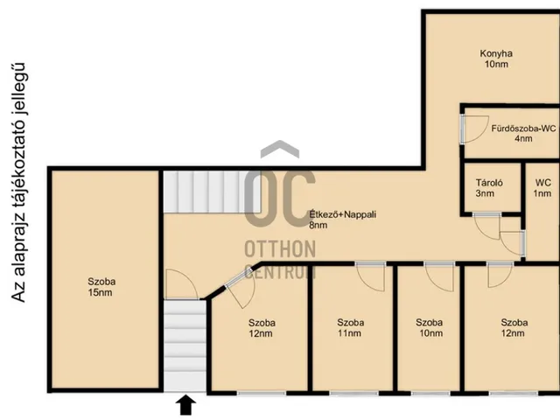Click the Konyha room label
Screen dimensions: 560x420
(x=496, y=53)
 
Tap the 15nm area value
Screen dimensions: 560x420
(x=100, y=292)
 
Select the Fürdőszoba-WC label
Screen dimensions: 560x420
(x=523, y=129)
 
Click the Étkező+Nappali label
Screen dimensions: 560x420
(x=342, y=214)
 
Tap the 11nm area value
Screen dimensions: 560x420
(x=349, y=333)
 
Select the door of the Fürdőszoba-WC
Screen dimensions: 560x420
(x=475, y=129)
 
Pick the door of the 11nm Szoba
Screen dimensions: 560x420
(x=371, y=276)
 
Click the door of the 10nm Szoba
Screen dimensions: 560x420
(x=439, y=276)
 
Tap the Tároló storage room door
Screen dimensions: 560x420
(x=486, y=226)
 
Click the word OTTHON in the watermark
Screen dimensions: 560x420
(x=280, y=248)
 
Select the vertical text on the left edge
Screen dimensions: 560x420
(x=18, y=183)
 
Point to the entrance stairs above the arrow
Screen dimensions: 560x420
(x=185, y=346)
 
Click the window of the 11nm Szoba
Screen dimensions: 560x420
(x=353, y=393)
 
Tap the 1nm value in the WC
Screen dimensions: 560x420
(x=542, y=193)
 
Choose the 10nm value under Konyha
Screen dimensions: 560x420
(x=496, y=64)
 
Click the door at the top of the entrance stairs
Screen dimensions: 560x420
(x=181, y=284)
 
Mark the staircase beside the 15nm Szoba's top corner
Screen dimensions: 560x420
(x=212, y=192)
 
